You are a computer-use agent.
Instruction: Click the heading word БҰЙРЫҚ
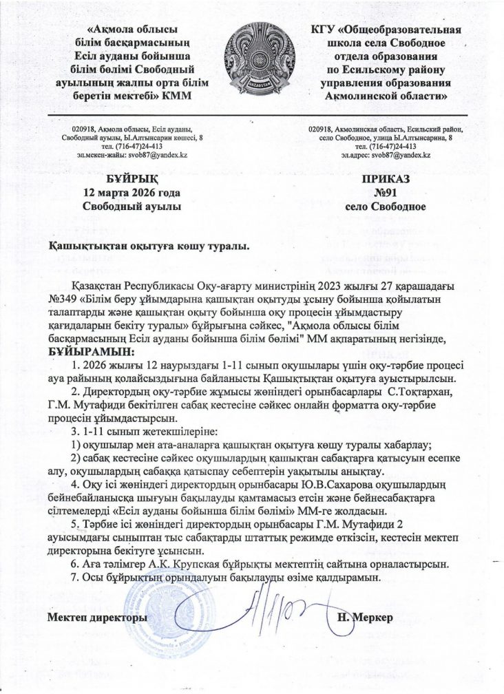[x=131, y=179]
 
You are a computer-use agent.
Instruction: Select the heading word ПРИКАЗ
[x=386, y=179]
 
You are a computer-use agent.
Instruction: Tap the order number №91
[x=386, y=192]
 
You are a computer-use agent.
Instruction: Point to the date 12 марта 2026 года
[x=131, y=192]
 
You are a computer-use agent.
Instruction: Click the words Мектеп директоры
[x=97, y=618]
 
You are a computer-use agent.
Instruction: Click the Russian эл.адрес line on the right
[x=386, y=156]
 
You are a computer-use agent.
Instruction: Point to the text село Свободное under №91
[x=386, y=206]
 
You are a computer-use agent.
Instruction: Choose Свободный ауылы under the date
[x=131, y=206]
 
